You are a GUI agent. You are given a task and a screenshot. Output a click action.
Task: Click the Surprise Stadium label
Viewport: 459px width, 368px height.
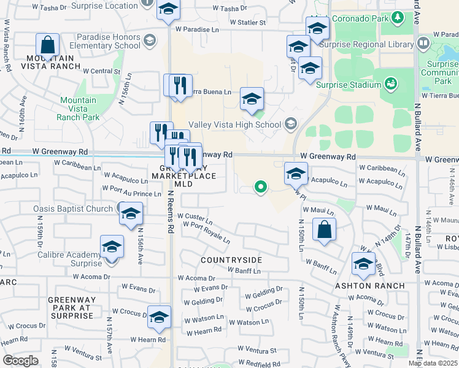(348, 85)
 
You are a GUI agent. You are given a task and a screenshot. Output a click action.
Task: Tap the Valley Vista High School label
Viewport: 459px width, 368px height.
(234, 125)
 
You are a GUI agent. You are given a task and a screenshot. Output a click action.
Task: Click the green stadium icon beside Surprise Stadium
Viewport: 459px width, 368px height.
(390, 83)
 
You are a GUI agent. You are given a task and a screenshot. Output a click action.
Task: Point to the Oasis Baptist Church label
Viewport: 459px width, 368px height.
(73, 209)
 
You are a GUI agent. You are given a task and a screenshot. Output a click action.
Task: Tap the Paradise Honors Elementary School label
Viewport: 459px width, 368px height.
(104, 41)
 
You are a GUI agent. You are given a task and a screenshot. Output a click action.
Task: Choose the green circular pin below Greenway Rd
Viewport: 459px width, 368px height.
(261, 187)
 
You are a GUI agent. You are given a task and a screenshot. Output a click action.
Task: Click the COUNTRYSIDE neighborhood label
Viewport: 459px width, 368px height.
(231, 260)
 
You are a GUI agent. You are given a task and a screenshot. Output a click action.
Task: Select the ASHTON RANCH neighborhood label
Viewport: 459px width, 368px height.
(369, 286)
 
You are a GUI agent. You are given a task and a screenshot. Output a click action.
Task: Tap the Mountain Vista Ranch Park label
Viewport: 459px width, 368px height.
(77, 109)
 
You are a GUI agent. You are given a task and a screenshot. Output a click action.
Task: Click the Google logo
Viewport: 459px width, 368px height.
(20, 361)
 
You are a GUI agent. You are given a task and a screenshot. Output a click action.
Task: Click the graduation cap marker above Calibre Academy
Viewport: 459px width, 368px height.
(112, 248)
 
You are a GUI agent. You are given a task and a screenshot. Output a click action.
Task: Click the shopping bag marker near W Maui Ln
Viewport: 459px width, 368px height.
(324, 230)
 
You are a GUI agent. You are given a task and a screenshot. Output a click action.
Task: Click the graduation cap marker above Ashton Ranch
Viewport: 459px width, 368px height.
(363, 264)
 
